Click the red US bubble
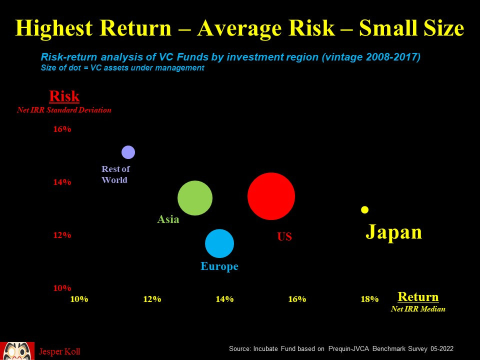tap(271, 196)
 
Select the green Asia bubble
tap(195, 198)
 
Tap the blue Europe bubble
tap(219, 243)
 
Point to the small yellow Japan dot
tap(365, 209)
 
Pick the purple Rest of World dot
tap(128, 152)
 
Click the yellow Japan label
tap(394, 232)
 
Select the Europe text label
tap(219, 266)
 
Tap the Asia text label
tap(168, 219)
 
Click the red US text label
tap(284, 237)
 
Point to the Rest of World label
tap(115, 174)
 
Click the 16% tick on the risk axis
tap(62, 129)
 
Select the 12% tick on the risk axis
tap(62, 235)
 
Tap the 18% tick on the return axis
tap(369, 299)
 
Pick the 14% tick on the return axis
tap(224, 299)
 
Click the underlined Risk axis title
tap(64, 96)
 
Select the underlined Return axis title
tap(418, 297)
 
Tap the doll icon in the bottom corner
tap(17, 351)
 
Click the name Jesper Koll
tap(59, 352)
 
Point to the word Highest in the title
tap(55, 28)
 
